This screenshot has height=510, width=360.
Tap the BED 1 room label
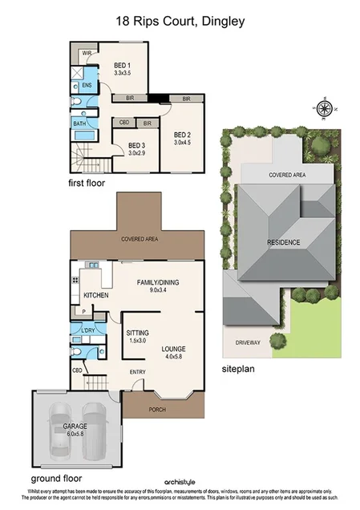coord(123,65)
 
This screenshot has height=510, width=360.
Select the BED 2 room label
coord(183,134)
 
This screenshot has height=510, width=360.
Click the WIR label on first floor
coord(86,53)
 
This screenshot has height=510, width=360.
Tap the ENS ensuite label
coord(87,84)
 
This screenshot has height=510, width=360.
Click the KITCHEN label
coord(95,296)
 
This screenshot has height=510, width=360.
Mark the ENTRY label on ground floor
coord(138,371)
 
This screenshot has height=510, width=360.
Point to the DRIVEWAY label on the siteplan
coord(248,342)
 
